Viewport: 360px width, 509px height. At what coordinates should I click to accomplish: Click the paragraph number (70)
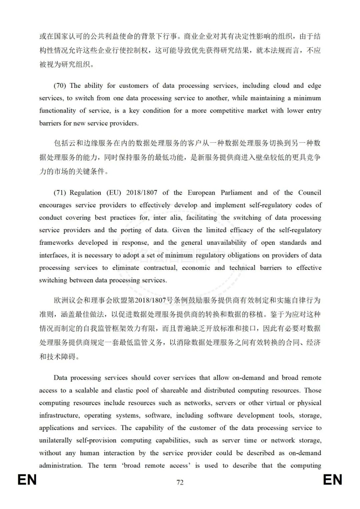point(60,86)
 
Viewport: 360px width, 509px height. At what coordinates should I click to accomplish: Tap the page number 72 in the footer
point(180,482)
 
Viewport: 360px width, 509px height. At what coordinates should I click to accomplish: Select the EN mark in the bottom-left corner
point(27,480)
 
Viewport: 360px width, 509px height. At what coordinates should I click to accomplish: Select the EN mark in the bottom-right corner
point(333,480)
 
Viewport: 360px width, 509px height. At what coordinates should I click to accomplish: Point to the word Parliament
point(236,193)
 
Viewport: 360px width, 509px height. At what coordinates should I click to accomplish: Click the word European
point(201,193)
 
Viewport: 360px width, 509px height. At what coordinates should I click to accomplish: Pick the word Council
point(310,193)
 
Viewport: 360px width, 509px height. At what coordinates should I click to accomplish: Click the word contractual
point(160,268)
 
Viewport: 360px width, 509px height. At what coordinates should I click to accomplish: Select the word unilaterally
point(55,441)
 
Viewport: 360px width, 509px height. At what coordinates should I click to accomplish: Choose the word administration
point(60,466)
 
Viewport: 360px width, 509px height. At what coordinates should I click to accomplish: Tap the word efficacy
point(241,230)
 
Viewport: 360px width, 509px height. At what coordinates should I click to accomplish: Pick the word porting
point(131,230)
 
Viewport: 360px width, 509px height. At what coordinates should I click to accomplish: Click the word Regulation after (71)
point(85,193)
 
